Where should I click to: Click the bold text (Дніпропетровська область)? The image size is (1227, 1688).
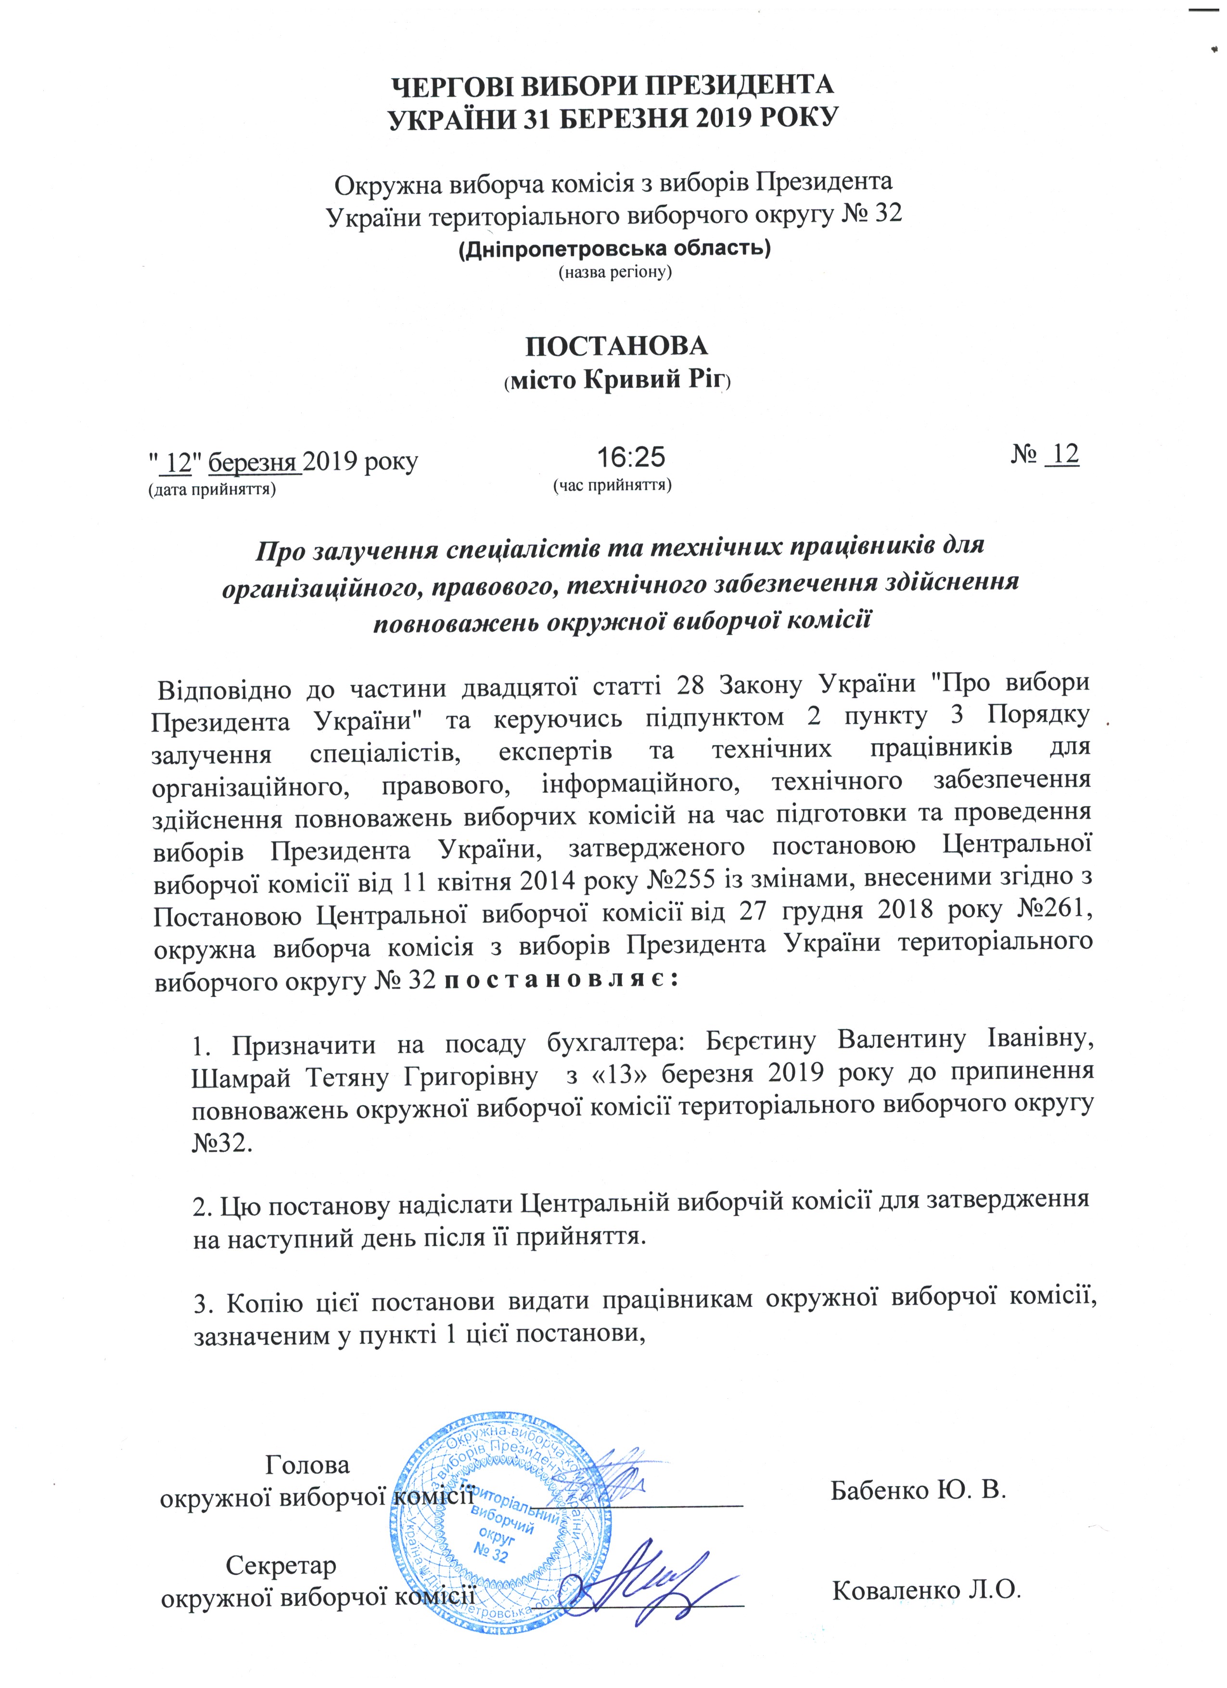coord(614,247)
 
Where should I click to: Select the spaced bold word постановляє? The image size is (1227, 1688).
coord(560,981)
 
